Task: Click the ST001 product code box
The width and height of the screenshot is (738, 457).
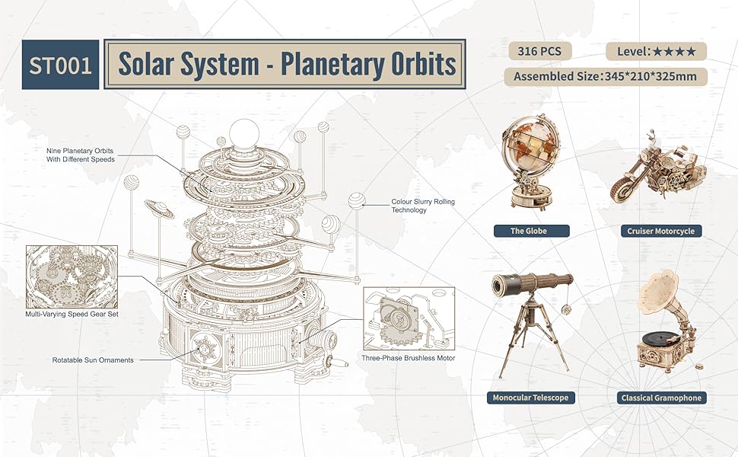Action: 60,65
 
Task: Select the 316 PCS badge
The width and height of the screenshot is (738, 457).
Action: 540,51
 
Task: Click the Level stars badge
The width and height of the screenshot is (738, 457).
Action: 656,51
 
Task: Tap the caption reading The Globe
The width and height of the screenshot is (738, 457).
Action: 531,231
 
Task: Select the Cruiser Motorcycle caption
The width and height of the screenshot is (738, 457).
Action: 661,231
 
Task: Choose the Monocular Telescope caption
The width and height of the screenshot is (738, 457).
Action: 530,398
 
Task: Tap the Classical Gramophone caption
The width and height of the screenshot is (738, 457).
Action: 661,398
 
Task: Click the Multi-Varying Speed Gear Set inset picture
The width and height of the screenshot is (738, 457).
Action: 72,276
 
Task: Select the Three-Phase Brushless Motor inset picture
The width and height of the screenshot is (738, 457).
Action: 409,318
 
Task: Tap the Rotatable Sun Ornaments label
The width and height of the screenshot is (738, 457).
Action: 93,360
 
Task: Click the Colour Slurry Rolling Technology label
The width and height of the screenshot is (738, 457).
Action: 423,206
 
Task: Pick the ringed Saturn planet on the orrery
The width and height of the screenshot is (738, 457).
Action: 159,209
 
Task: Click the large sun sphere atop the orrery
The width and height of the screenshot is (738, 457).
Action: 244,134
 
